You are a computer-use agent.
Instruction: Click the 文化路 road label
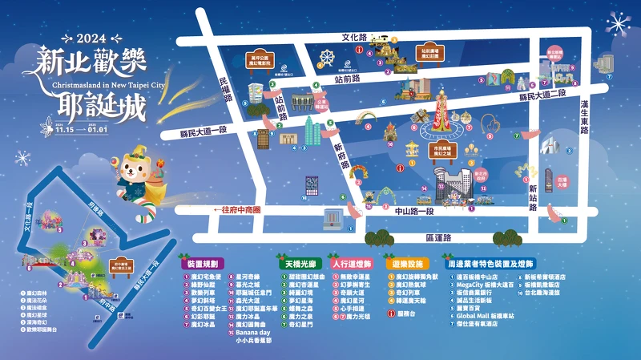pyautogui.click(x=353, y=37)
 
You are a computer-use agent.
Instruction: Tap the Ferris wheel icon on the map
pyautogui.click(x=326, y=58)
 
